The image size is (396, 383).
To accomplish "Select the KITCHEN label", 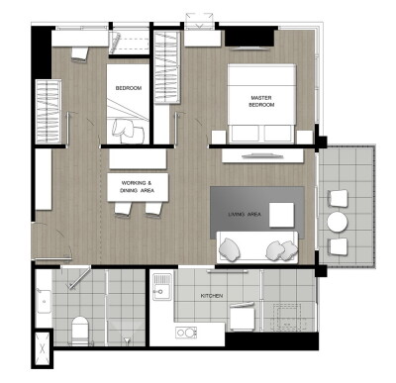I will coord(213,296).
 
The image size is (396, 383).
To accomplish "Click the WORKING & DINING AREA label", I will coord(137,188).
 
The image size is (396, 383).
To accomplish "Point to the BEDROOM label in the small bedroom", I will coord(129,88).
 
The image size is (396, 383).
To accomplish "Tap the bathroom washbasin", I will coord(44,298).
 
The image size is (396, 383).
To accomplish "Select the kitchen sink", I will coord(162,292).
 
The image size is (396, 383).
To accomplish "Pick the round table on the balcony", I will coord(339,222).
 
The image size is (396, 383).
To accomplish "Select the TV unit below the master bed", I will coord(262,156).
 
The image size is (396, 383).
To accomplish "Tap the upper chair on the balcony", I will coord(338,199).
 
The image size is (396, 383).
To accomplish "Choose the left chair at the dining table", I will coord(124,208).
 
